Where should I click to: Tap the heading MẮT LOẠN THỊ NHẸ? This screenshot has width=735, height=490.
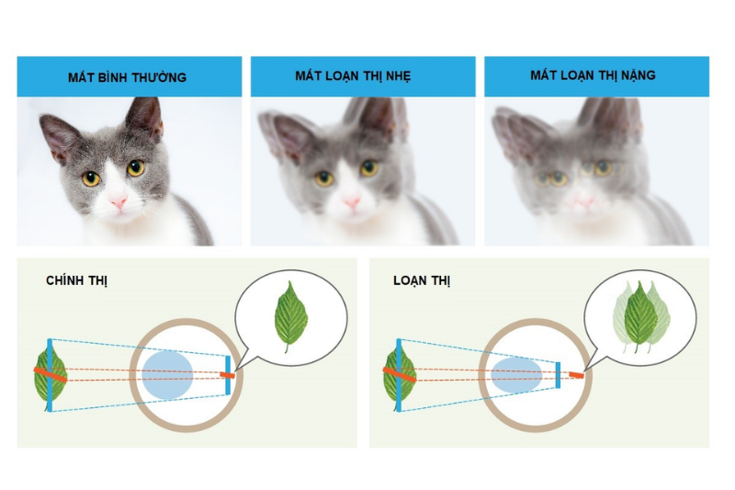tap(361, 75)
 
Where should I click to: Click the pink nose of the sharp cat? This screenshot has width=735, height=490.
tap(119, 202)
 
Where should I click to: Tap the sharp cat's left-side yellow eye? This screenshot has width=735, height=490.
tap(91, 178)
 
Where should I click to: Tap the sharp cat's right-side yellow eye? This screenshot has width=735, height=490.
tap(136, 168)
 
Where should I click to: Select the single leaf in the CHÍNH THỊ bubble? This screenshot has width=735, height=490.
tap(290, 314)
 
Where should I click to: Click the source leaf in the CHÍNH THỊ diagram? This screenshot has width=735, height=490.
tap(50, 375)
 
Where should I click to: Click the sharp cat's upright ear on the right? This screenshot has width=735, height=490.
tap(145, 118)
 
